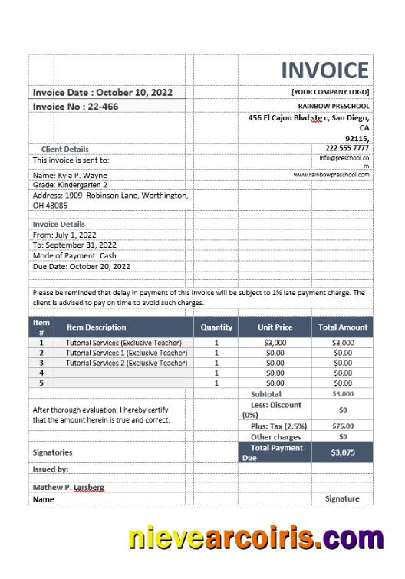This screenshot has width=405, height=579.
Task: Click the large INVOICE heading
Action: pyautogui.click(x=324, y=71)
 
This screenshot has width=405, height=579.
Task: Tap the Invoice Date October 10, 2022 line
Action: pyautogui.click(x=103, y=92)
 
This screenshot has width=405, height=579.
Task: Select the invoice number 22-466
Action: pyautogui.click(x=75, y=107)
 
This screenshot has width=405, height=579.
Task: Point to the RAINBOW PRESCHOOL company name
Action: pyautogui.click(x=334, y=106)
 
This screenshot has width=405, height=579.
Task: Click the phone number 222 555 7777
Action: pyautogui.click(x=347, y=147)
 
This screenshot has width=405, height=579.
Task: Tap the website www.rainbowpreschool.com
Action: pyautogui.click(x=331, y=174)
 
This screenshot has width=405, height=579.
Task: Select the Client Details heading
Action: pyautogui.click(x=64, y=149)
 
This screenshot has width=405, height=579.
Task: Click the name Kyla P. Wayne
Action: pyautogui.click(x=70, y=175)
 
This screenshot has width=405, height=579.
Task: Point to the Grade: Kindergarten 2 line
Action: pyautogui.click(x=70, y=185)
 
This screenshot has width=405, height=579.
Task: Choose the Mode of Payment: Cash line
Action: pyautogui.click(x=74, y=255)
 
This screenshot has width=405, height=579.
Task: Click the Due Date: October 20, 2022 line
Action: pyautogui.click(x=81, y=266)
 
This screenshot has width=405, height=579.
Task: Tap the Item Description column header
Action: pyautogui.click(x=96, y=327)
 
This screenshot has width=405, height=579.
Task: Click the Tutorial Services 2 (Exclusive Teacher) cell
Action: pyautogui.click(x=127, y=363)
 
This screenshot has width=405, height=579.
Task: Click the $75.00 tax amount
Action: pyautogui.click(x=343, y=426)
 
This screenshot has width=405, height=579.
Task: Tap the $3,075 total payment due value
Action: pyautogui.click(x=343, y=452)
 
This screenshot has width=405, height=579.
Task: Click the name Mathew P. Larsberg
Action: pyautogui.click(x=68, y=487)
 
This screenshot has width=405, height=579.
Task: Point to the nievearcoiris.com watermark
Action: pyautogui.click(x=255, y=538)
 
